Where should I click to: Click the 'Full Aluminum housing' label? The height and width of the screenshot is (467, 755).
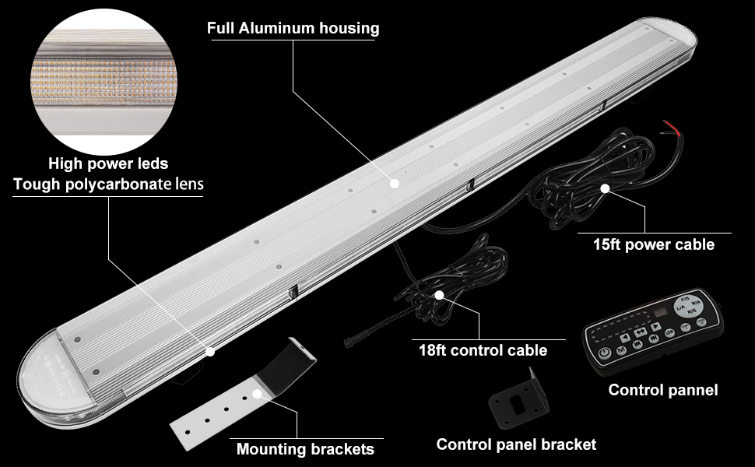tap(293, 29)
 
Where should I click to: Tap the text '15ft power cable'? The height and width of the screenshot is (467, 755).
tap(653, 244)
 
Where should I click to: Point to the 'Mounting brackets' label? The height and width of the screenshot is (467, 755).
tap(305, 449)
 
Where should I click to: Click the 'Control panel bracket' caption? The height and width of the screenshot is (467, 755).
tap(516, 444)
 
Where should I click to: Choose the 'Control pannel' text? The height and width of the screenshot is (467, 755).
tap(663, 390)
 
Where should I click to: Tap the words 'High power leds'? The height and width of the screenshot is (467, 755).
tap(108, 163)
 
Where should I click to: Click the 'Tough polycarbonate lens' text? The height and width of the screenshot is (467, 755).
tap(108, 184)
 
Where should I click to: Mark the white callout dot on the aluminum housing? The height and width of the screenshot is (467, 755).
tap(395, 184)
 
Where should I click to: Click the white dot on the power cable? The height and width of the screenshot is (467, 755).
tap(604, 188)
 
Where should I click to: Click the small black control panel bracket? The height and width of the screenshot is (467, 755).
tap(514, 400)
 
